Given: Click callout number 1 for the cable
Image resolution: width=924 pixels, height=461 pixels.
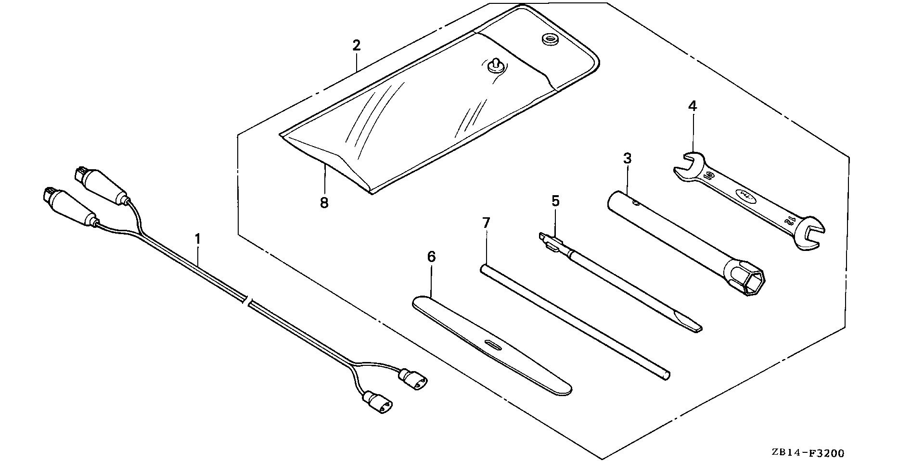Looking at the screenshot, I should (197, 238).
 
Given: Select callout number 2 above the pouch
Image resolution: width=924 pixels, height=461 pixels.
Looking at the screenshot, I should (356, 46).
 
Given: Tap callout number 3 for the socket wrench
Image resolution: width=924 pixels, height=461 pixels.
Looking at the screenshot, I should (627, 158).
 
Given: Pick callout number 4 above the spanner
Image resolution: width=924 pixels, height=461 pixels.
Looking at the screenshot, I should (692, 106).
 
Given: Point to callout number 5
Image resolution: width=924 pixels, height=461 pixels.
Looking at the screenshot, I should (555, 201).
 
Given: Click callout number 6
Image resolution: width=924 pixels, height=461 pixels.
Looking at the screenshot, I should (431, 257).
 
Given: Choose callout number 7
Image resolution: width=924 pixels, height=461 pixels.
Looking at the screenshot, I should (486, 223).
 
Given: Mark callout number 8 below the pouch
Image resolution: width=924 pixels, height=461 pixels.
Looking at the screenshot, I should (324, 203).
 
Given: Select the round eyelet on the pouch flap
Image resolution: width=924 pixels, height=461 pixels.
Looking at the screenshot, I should (548, 39).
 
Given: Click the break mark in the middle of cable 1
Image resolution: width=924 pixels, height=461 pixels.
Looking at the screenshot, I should (248, 301).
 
